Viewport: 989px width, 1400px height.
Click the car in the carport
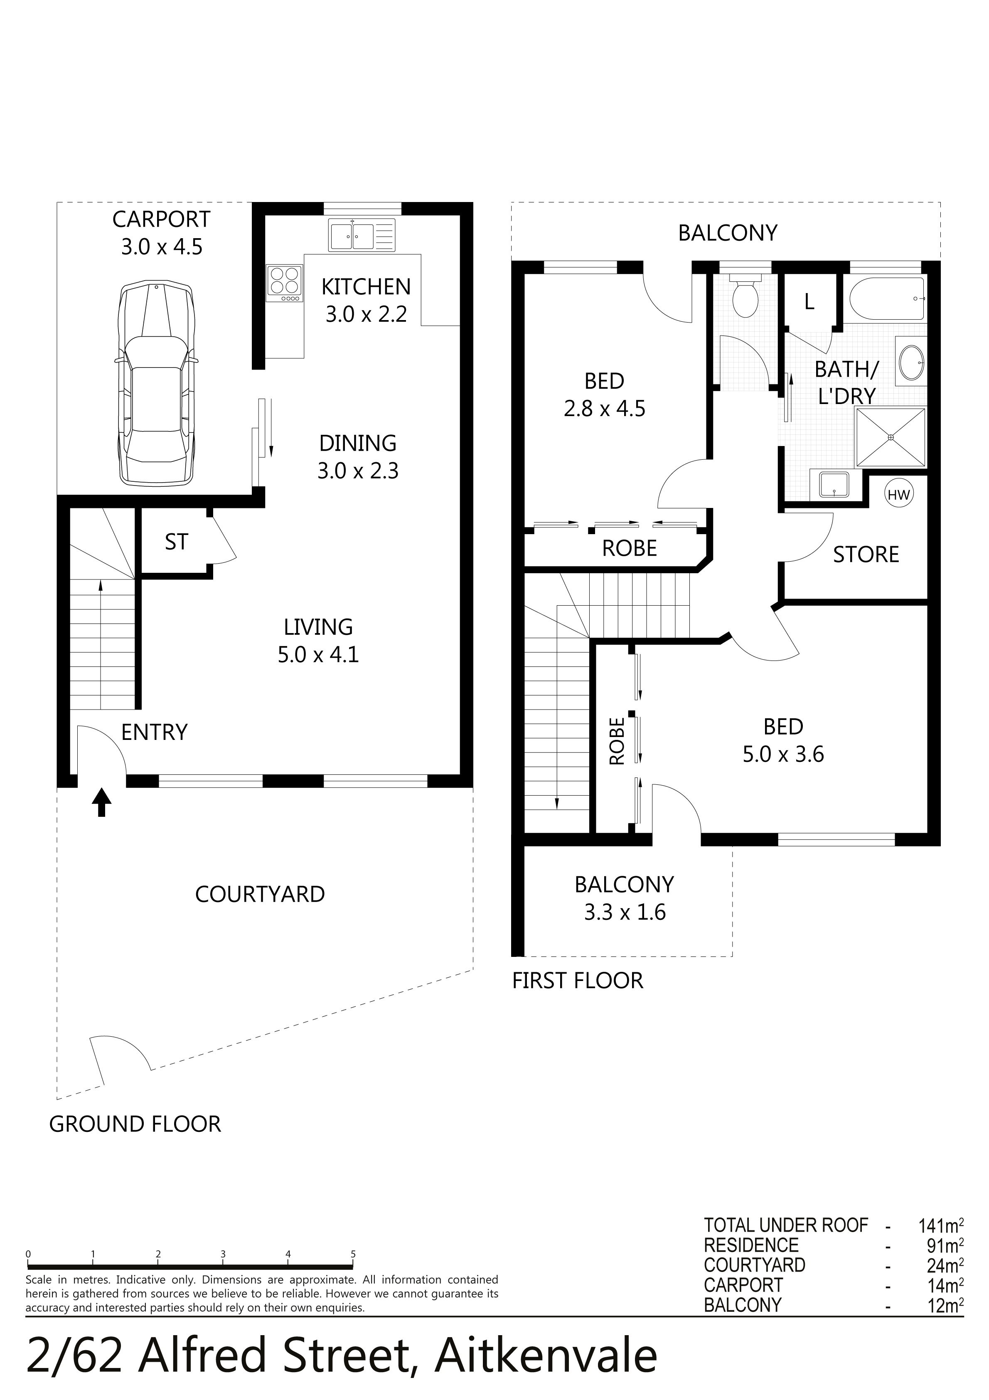tap(156, 383)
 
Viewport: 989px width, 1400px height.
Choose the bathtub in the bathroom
tap(888, 298)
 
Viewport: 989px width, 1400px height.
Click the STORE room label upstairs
tap(866, 554)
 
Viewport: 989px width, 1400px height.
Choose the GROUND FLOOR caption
tap(135, 1124)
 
